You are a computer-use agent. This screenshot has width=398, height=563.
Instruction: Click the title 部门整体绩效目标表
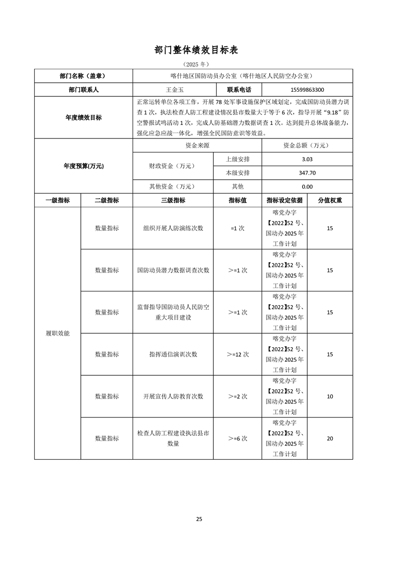pos(199,50)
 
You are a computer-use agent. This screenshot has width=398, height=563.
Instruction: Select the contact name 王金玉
pos(173,90)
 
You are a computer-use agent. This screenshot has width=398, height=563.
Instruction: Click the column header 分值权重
pos(330,200)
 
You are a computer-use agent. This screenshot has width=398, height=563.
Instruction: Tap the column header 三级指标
pos(173,200)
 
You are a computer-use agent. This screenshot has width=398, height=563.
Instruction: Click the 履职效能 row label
pos(57,333)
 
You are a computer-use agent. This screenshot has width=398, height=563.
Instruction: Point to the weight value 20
pos(330,439)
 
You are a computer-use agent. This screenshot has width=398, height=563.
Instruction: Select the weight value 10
pos(330,396)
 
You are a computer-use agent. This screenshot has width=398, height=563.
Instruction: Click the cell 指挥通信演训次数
pos(173,354)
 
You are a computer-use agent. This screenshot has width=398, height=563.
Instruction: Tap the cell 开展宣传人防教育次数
pos(173,396)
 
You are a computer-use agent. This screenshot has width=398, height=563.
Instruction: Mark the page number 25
pos(199,519)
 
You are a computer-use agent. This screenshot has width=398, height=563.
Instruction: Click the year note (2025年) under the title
pos(196,65)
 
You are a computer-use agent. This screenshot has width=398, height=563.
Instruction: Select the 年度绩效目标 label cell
pos(83,117)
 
